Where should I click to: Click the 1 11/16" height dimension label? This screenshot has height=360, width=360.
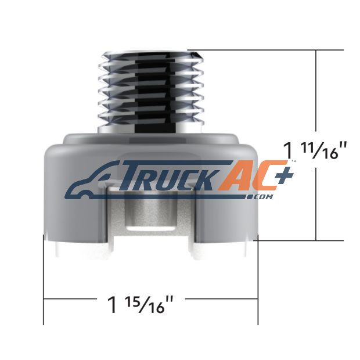(315, 150)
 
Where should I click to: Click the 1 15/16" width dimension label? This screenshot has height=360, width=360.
(141, 305)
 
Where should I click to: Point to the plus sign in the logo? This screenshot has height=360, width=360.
(284, 175)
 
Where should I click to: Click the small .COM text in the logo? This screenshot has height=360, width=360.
(261, 197)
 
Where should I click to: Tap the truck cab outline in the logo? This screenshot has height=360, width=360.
(92, 181)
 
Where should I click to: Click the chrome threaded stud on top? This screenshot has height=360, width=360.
(151, 92)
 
